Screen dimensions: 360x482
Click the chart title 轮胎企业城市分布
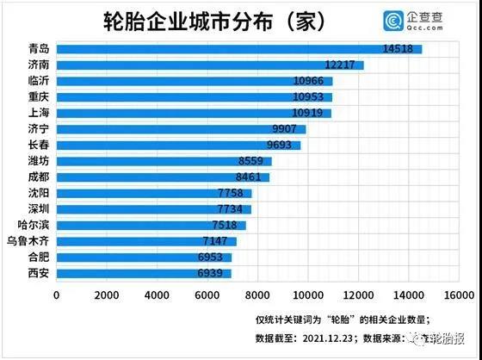pyautogui.click(x=213, y=19)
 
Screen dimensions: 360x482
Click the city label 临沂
pyautogui.click(x=39, y=81)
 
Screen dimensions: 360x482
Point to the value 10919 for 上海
pyautogui.click(x=309, y=113)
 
